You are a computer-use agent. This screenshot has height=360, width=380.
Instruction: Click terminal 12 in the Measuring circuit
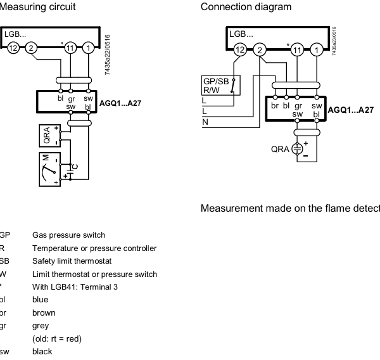click(13, 48)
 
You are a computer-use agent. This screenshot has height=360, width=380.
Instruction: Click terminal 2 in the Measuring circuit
click(32, 48)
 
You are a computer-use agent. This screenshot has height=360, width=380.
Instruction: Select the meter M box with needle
click(49, 169)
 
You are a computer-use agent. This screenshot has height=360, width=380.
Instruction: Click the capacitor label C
click(76, 166)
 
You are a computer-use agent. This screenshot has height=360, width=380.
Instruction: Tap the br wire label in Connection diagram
click(275, 105)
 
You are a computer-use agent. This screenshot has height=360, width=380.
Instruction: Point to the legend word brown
click(44, 312)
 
